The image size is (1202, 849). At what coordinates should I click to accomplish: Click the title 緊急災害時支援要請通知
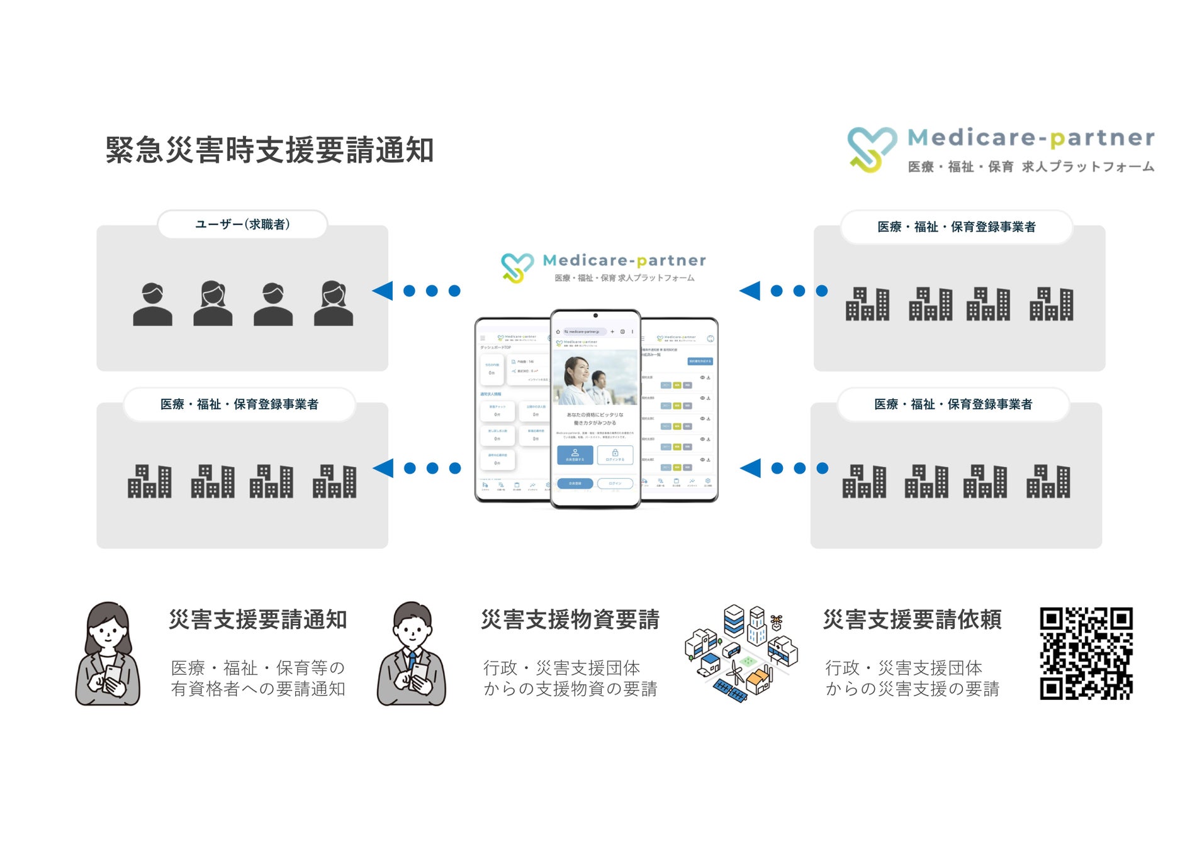tap(269, 150)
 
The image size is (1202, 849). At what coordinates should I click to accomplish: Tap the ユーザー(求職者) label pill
tap(242, 225)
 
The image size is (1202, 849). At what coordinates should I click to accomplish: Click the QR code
tap(1086, 653)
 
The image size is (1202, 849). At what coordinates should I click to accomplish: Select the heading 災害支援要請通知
tap(258, 619)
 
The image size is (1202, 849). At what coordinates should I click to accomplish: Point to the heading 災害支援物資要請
tap(570, 619)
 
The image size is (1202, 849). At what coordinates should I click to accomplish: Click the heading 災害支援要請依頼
tap(912, 619)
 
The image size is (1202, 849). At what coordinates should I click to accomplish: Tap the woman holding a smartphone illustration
tap(108, 654)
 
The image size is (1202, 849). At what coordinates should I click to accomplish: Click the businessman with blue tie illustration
tap(412, 654)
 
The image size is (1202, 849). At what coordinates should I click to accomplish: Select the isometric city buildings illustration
tap(741, 654)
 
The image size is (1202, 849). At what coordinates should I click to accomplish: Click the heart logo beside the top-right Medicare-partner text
tap(872, 149)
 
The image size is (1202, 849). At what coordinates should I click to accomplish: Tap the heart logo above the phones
tap(517, 267)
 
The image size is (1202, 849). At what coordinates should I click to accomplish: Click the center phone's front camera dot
tap(595, 316)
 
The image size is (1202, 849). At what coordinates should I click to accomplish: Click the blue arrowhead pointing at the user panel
tap(383, 291)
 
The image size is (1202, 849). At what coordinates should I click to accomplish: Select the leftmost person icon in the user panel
tap(152, 304)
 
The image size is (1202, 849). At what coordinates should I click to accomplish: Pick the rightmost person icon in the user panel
tap(334, 304)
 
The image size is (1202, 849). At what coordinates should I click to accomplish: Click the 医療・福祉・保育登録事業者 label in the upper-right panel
tap(957, 227)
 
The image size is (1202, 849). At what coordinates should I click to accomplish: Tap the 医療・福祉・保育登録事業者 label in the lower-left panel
tap(239, 404)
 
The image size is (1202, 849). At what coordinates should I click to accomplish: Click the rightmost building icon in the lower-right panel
tap(1048, 482)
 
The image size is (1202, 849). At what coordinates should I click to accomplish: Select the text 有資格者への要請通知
tap(258, 689)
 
